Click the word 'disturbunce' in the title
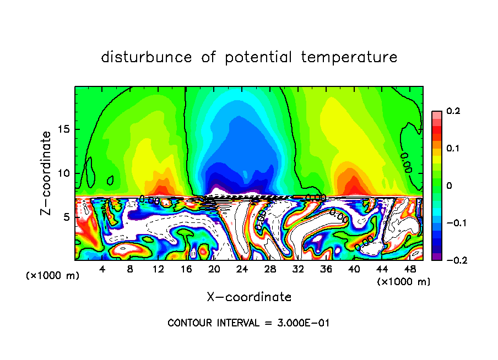click(x=147, y=57)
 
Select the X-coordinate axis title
click(x=249, y=297)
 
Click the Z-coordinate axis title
click(x=46, y=173)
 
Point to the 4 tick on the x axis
click(x=102, y=269)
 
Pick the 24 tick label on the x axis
click(x=242, y=269)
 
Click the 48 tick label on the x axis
click(x=410, y=269)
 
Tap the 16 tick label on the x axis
click(x=186, y=269)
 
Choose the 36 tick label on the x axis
click(x=326, y=269)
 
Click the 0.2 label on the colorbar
click(x=453, y=111)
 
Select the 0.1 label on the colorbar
click(x=453, y=149)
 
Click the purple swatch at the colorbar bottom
click(x=436, y=257)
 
